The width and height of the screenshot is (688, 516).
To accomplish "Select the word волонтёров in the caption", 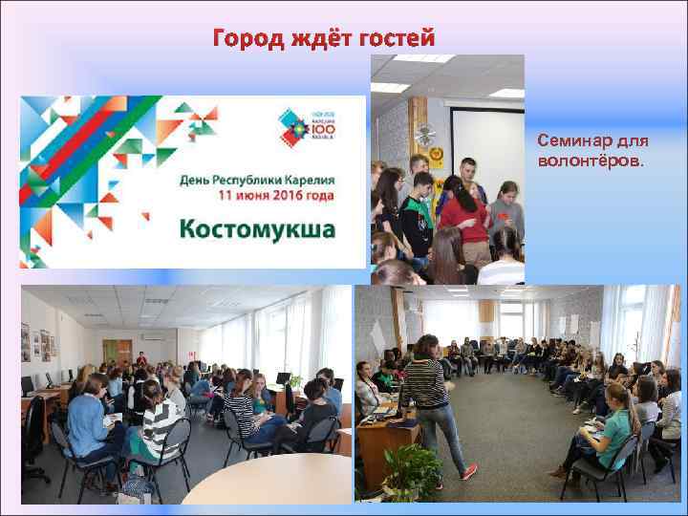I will click(590, 159).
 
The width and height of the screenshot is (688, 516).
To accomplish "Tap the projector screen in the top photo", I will click(486, 144).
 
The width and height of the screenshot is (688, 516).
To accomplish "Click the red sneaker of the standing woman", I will click(468, 472).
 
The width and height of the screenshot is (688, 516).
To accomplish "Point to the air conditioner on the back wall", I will click(153, 336).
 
